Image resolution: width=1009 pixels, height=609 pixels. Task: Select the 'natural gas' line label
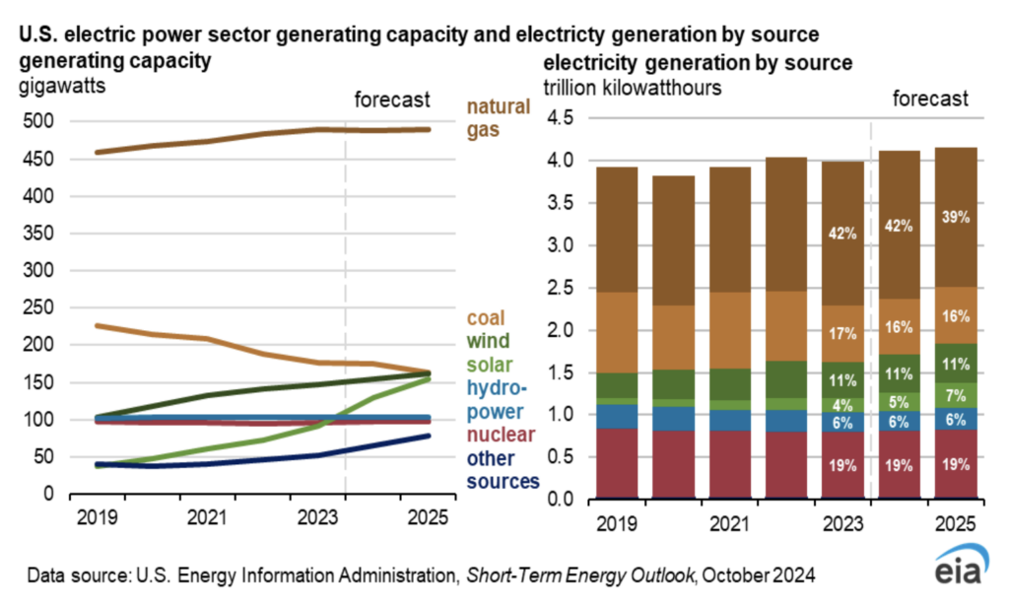[499, 117]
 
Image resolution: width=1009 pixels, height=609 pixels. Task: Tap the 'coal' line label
[486, 318]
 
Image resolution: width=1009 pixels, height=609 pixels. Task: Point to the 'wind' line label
[488, 342]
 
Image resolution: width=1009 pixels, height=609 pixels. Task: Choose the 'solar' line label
[490, 366]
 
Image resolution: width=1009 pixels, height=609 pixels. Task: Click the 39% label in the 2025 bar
[954, 218]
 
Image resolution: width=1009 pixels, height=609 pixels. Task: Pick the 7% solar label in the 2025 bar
[954, 395]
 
